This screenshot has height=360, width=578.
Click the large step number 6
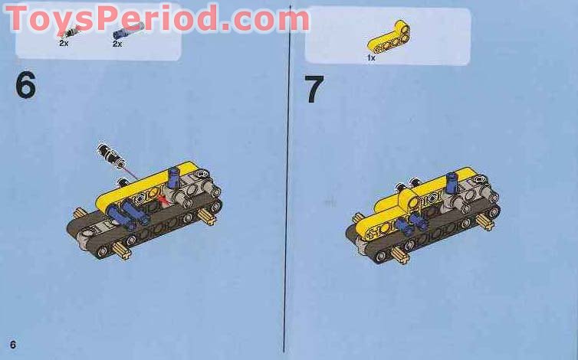25,85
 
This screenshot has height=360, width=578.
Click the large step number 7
314,90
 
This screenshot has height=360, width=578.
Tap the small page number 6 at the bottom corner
13,342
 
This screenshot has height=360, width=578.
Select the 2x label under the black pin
63,44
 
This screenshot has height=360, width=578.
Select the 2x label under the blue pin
117,44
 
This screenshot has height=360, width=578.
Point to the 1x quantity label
371,57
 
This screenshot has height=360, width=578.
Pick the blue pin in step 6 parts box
127,31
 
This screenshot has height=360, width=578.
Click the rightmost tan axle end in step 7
484,222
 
